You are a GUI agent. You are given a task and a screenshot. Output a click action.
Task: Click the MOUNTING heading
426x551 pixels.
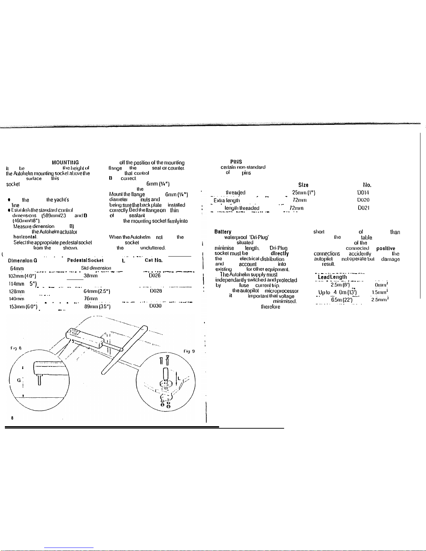[x=65, y=162]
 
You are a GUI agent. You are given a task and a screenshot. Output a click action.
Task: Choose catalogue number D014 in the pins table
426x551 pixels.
[x=363, y=192]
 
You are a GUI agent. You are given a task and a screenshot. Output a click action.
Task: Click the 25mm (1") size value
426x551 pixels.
[x=304, y=192]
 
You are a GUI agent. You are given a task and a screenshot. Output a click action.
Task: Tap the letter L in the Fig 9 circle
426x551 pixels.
[x=178, y=378]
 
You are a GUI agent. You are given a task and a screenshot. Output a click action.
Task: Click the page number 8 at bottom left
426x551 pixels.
[x=12, y=419]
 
